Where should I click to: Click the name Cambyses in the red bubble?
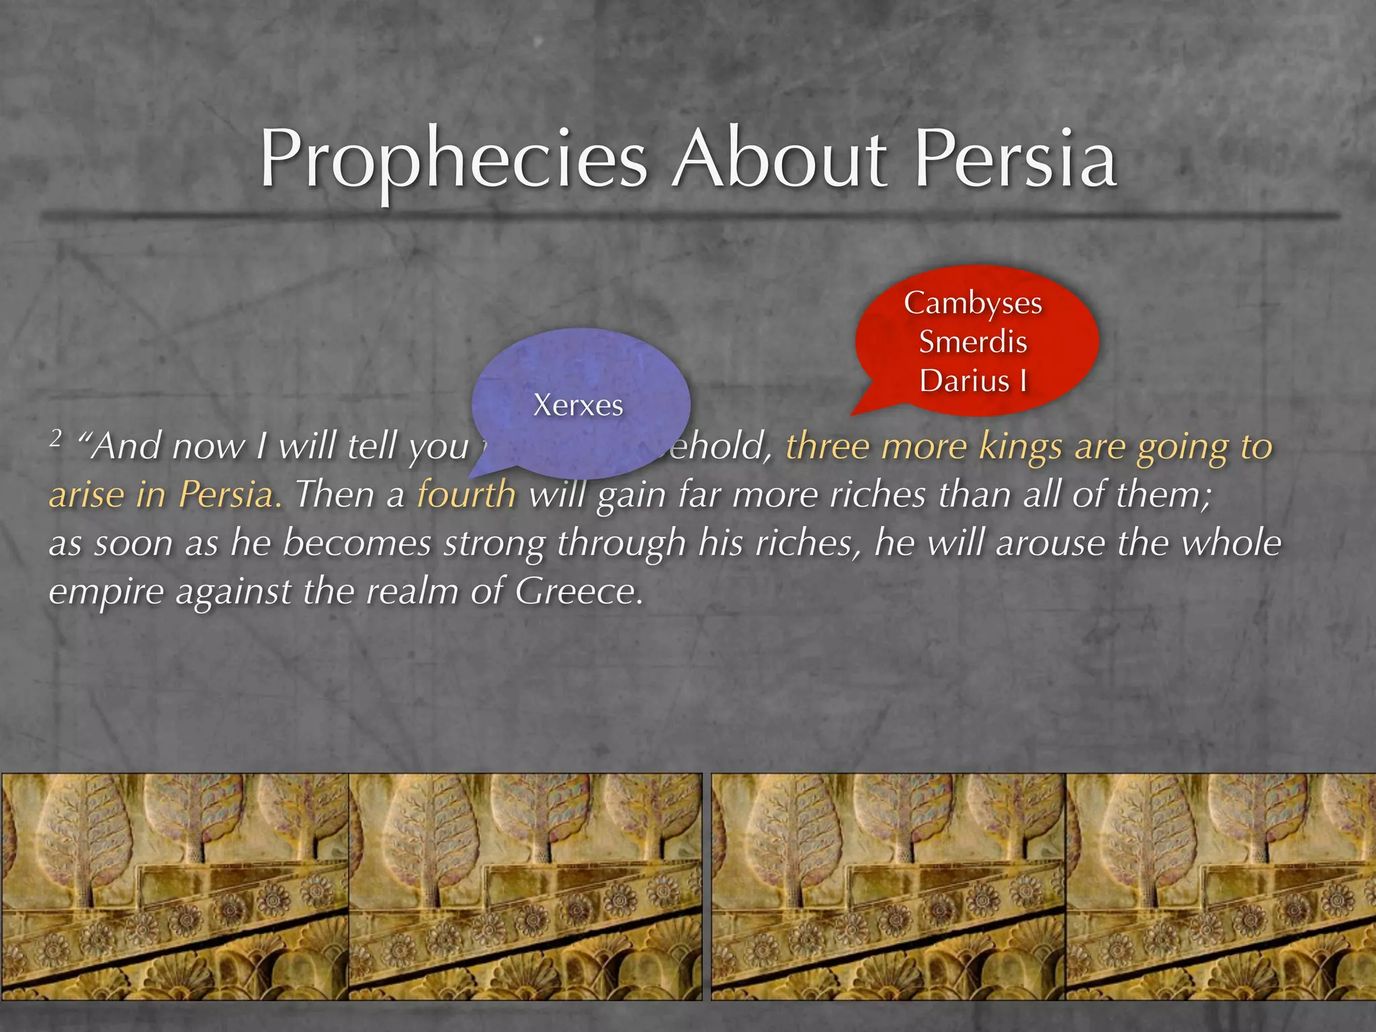973,303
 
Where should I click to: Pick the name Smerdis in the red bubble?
973,342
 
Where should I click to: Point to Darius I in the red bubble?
973,381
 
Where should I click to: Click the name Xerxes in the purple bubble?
578,405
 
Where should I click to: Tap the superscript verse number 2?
56,439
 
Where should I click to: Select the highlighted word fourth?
466,495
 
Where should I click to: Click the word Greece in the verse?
576,592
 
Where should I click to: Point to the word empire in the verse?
106,592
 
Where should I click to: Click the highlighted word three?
828,447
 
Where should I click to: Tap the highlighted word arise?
87,495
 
